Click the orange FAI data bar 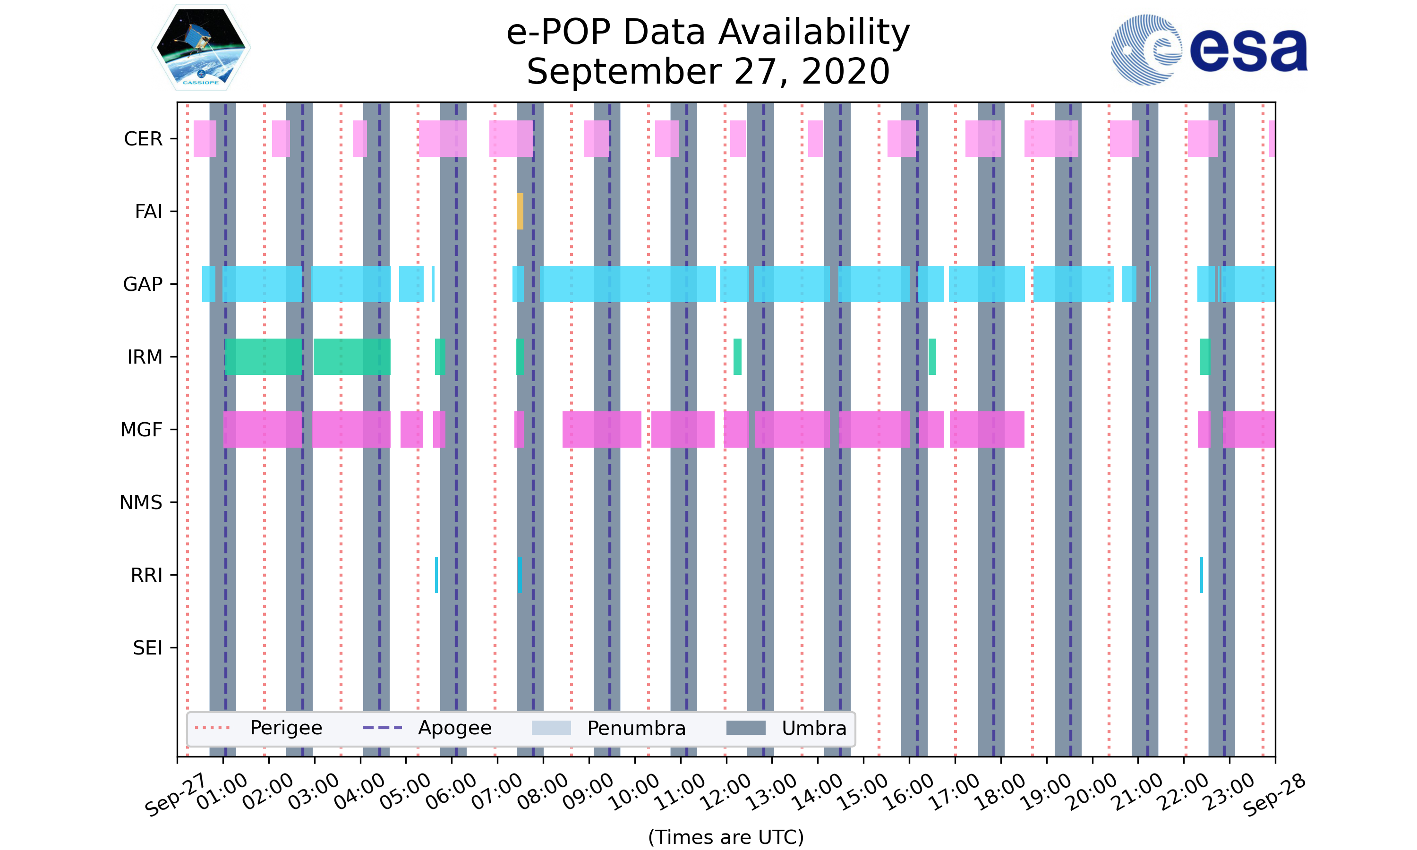[520, 212]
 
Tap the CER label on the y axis [143, 139]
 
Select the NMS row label [141, 502]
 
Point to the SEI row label [148, 648]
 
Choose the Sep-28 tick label [1274, 795]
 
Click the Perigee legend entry [286, 728]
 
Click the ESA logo [1209, 50]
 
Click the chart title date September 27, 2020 [708, 72]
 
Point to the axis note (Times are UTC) [726, 837]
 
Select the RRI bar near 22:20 [1202, 575]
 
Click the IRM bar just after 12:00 [738, 357]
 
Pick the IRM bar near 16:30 [932, 357]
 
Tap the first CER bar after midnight [205, 139]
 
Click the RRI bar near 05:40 [436, 575]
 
